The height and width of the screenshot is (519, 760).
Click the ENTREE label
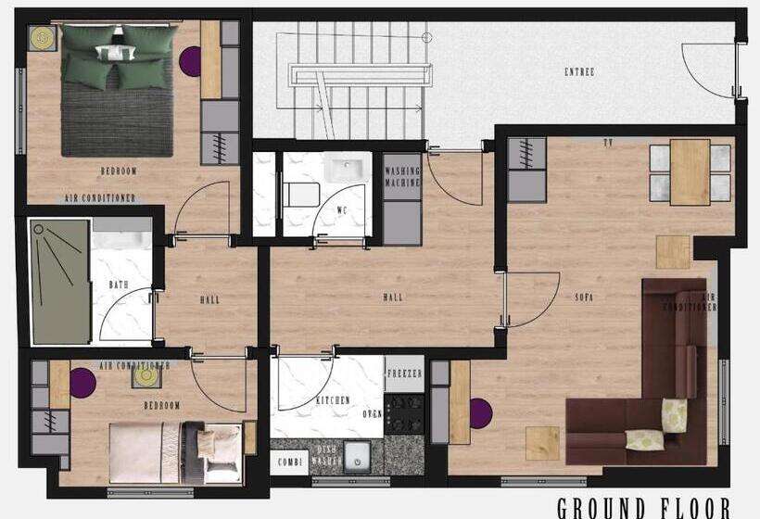(579, 71)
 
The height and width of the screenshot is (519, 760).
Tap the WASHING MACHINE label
(402, 177)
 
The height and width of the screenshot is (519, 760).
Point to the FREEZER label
(404, 373)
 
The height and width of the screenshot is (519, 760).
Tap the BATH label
(119, 285)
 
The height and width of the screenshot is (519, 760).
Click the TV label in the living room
(608, 144)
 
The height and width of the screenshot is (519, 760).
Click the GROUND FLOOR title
(643, 507)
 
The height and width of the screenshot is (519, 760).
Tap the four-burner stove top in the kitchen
(404, 413)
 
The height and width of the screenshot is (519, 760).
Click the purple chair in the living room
(480, 412)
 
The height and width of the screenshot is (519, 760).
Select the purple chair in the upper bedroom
(190, 62)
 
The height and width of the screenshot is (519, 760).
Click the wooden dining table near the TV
(690, 171)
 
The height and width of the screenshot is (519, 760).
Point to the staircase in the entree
(357, 83)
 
